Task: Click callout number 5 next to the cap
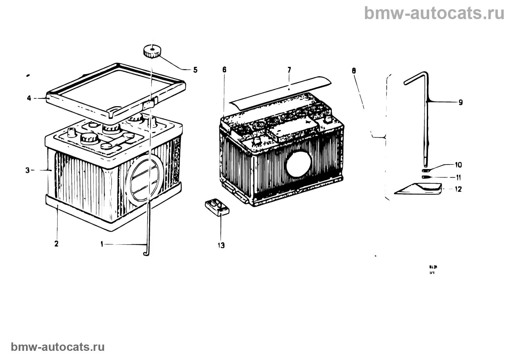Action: [195, 70]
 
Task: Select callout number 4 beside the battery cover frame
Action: [29, 98]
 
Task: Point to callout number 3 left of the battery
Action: [28, 170]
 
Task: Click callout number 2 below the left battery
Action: [56, 243]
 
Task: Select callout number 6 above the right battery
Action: [224, 69]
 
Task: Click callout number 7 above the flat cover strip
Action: [289, 69]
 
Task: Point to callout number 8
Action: [354, 70]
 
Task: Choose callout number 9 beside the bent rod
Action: [460, 102]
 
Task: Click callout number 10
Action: [459, 165]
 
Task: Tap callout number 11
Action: [459, 177]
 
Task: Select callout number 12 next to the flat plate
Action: [458, 189]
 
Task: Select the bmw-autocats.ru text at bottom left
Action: [58, 347]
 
